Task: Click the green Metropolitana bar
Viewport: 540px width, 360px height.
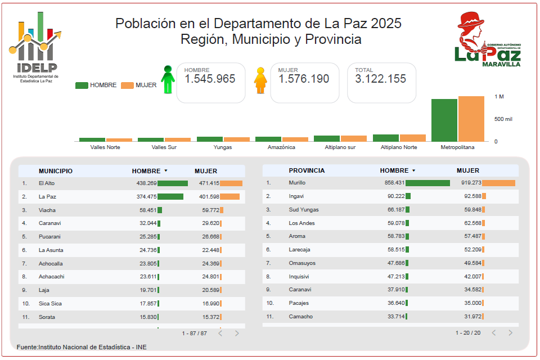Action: click(x=444, y=120)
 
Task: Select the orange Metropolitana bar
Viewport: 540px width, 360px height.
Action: click(x=471, y=119)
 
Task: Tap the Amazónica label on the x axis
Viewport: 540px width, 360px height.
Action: click(x=281, y=147)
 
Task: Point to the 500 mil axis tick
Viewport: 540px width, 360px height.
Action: click(x=503, y=119)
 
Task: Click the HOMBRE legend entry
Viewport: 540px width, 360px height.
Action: click(x=96, y=85)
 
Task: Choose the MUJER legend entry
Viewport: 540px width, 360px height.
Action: click(x=139, y=85)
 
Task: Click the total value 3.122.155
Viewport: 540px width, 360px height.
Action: click(x=381, y=79)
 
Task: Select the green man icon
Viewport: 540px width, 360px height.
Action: click(x=168, y=79)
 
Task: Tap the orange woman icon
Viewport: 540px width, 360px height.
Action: click(x=260, y=80)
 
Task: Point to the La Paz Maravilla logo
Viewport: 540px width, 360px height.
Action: click(x=487, y=39)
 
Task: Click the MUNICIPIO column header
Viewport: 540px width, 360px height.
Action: click(x=56, y=171)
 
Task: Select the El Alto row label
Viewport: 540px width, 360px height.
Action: click(x=47, y=183)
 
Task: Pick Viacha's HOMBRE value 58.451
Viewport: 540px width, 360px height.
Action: click(x=148, y=210)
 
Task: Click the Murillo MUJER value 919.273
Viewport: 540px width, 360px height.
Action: click(x=471, y=183)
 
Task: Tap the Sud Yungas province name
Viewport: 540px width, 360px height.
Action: click(x=304, y=209)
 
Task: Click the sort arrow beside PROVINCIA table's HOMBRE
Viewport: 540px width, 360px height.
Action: click(x=413, y=170)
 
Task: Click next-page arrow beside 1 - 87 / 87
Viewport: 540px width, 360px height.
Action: click(x=237, y=333)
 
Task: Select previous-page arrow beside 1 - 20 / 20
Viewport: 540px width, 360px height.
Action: click(x=494, y=333)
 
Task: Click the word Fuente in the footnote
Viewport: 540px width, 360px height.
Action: click(x=26, y=347)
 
